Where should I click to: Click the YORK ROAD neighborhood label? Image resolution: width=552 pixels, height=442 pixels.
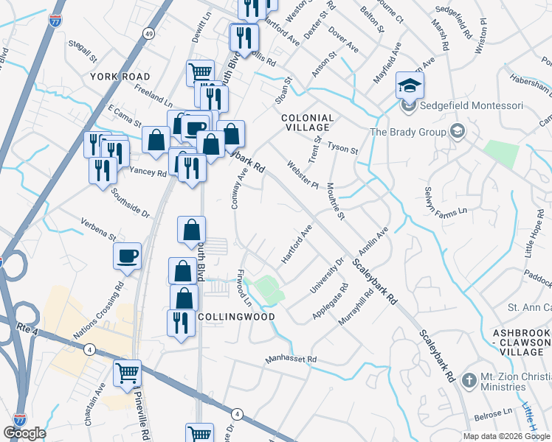tap(120, 77)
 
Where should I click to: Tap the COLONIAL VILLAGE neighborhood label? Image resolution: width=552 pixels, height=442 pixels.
tap(308, 122)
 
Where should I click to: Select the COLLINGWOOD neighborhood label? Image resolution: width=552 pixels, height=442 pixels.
tap(236, 317)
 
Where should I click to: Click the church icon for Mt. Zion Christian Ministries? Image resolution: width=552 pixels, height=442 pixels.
tap(468, 381)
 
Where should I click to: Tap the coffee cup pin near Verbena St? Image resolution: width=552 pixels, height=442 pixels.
tap(128, 257)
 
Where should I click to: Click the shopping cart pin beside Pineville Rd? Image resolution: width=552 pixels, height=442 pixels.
tap(127, 374)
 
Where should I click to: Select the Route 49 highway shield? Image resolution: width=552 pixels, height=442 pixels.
tap(148, 33)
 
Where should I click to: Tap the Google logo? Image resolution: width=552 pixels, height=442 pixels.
tap(24, 432)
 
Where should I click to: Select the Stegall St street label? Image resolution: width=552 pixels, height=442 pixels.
tap(82, 53)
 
